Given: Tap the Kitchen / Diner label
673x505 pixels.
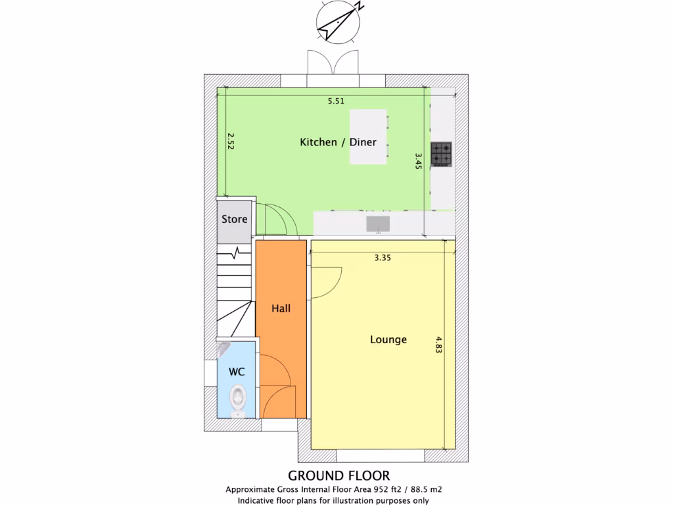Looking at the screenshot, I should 338,142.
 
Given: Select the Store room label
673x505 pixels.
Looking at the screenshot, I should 234,219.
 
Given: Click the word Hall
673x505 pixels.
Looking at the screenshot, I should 281,308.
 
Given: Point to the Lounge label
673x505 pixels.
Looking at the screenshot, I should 388,340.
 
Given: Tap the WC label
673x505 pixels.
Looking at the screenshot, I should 237,372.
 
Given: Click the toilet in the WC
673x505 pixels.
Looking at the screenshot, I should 237,398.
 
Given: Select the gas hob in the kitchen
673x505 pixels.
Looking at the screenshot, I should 442,154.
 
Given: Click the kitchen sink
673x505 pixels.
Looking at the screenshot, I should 378,224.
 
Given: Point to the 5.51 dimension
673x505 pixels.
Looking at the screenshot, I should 336,101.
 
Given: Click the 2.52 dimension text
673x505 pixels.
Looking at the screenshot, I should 231,141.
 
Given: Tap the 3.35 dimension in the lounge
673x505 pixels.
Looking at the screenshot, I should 383,258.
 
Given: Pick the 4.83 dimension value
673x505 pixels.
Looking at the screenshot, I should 439,345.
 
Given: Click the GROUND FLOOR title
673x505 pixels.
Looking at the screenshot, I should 338,475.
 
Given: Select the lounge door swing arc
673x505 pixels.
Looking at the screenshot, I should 327,281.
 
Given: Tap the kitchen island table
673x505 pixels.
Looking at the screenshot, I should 367,137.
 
